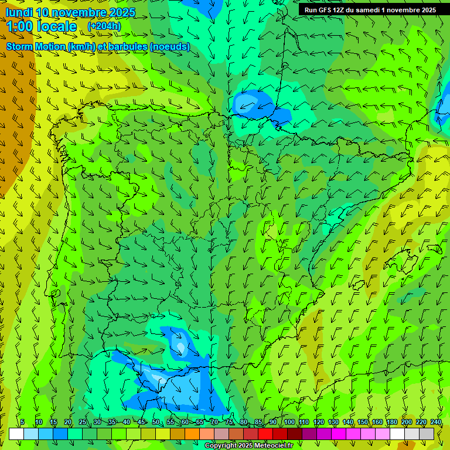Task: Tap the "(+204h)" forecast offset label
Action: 104,26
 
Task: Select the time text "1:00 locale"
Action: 41,26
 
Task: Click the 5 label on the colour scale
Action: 22,422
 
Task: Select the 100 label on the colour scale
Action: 289,422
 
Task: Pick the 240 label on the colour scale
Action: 436,422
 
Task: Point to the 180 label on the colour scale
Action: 392,422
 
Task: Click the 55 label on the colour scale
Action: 171,422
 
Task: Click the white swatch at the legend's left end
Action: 16,434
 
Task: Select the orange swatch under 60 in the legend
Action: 192,434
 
